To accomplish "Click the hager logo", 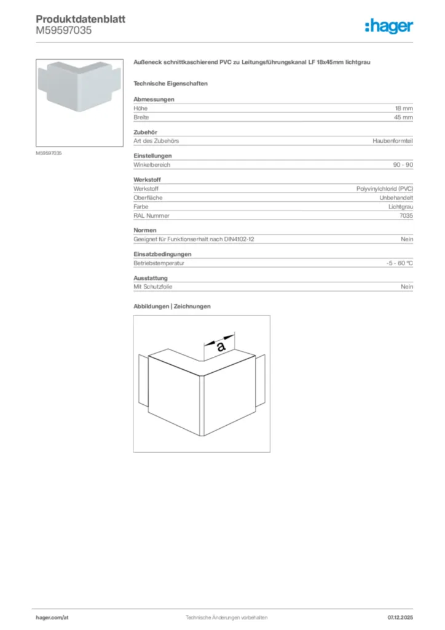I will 388,26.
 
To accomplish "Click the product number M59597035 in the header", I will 64,30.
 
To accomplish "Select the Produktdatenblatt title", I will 81,19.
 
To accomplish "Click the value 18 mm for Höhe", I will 404,108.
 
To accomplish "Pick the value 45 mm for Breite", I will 404,117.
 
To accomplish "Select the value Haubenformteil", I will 393,141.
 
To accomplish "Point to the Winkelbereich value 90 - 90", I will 403,165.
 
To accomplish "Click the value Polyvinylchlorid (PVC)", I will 385,189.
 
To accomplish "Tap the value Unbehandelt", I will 396,198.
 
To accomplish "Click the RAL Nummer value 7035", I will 406,216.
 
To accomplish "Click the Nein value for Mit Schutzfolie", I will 407,287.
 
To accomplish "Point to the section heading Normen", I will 144,230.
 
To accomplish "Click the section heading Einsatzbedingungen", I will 162,254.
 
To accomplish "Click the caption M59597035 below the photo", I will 49,153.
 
